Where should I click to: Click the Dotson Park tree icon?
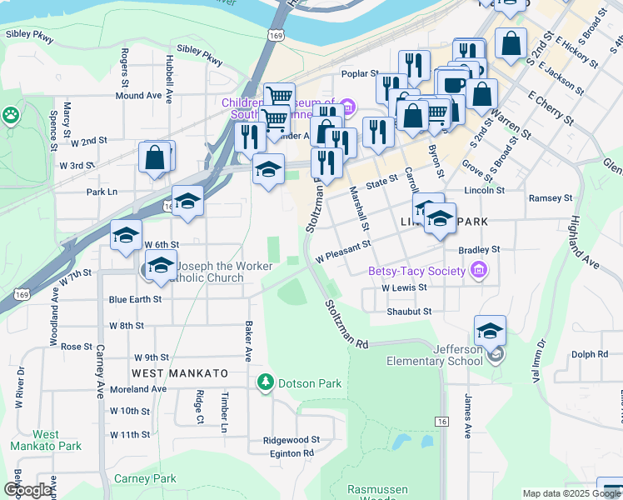coord(265,382)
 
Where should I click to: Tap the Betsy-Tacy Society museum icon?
coord(478,271)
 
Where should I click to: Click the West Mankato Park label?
coord(46,440)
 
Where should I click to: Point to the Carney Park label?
coord(145,479)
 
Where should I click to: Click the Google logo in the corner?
coord(28,490)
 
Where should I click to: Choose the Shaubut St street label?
coord(408,312)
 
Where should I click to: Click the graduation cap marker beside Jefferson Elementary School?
coord(491,331)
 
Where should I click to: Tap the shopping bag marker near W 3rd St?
coord(155,157)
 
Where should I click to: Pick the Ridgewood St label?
coord(291,439)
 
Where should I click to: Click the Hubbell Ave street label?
coord(168,79)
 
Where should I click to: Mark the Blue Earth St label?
coord(134,299)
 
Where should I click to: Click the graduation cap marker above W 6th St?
coord(126,235)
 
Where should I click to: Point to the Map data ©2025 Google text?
coord(571,493)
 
